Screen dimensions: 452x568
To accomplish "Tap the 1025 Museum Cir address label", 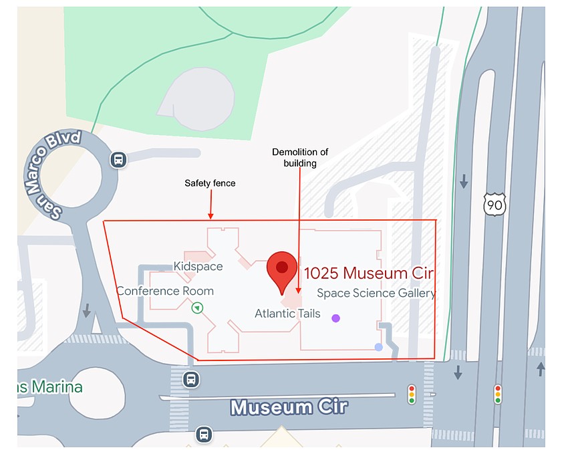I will (x=369, y=273).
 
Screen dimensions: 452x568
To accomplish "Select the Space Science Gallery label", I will (x=376, y=293).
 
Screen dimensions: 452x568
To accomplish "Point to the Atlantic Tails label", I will (x=287, y=314).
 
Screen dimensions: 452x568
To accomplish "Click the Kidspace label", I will (x=198, y=266).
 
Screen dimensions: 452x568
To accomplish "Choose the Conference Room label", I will (x=165, y=291).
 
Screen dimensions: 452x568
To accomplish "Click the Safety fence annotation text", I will (x=210, y=183).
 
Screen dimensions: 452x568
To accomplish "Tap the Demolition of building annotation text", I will (x=300, y=157).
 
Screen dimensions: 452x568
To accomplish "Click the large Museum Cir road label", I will (x=289, y=407).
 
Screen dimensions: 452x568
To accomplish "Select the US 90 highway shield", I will (x=494, y=205).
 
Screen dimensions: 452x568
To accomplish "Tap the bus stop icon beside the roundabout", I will (x=118, y=160).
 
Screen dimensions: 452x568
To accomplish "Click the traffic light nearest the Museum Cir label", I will (x=412, y=394).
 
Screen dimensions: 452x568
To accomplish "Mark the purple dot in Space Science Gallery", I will (x=335, y=318).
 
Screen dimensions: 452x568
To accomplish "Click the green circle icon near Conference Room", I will (x=197, y=308).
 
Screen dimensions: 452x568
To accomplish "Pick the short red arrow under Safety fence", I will (x=210, y=205).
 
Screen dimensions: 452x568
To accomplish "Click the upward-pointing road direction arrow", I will (x=540, y=368).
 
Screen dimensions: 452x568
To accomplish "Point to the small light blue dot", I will (x=379, y=347).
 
